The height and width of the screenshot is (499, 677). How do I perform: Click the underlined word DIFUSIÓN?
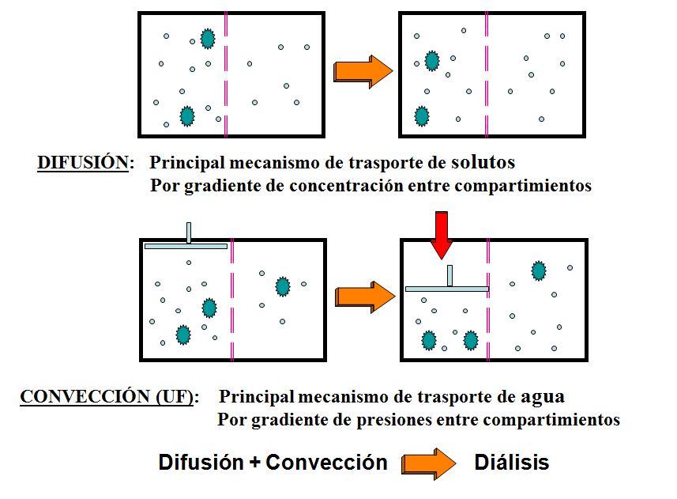click(x=82, y=163)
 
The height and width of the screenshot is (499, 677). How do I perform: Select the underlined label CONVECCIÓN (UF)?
click(x=108, y=396)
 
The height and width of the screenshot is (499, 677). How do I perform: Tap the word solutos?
click(x=483, y=162)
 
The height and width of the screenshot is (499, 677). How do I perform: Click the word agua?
click(x=543, y=395)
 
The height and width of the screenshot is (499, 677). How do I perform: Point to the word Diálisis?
click(x=511, y=463)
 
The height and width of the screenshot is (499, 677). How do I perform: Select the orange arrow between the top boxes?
click(x=363, y=70)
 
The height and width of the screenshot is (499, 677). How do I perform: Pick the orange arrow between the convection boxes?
click(x=364, y=297)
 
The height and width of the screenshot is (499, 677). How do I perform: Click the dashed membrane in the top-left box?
click(x=226, y=74)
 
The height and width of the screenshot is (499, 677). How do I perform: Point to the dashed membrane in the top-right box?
click(x=487, y=74)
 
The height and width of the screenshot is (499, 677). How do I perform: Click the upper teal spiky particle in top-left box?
click(x=207, y=39)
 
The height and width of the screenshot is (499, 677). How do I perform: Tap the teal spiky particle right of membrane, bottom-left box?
click(x=282, y=286)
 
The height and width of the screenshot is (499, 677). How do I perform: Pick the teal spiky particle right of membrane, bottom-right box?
click(x=539, y=271)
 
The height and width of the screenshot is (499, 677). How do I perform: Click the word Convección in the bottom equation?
click(x=326, y=463)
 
